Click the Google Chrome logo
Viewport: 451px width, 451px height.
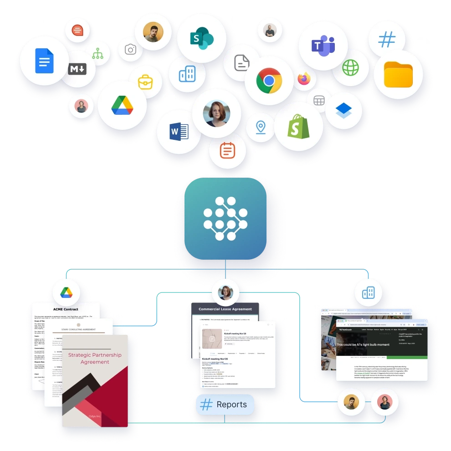pyautogui.click(x=269, y=81)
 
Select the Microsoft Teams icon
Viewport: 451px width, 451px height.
pyautogui.click(x=323, y=46)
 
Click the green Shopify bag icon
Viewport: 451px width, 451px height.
pyautogui.click(x=298, y=126)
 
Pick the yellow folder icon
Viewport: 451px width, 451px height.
pyautogui.click(x=398, y=75)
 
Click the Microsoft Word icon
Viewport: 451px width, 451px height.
pyautogui.click(x=179, y=132)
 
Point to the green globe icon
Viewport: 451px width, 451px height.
pyautogui.click(x=350, y=68)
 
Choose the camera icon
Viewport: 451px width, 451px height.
pyautogui.click(x=131, y=49)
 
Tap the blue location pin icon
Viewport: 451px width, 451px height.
pyautogui.click(x=261, y=127)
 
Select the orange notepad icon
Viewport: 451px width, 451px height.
pyautogui.click(x=227, y=150)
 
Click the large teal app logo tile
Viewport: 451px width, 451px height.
pyautogui.click(x=225, y=219)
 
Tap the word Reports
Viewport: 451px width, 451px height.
pyautogui.click(x=231, y=405)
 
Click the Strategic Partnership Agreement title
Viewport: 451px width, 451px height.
pyautogui.click(x=95, y=358)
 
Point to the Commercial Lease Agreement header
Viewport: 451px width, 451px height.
pyautogui.click(x=225, y=309)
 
